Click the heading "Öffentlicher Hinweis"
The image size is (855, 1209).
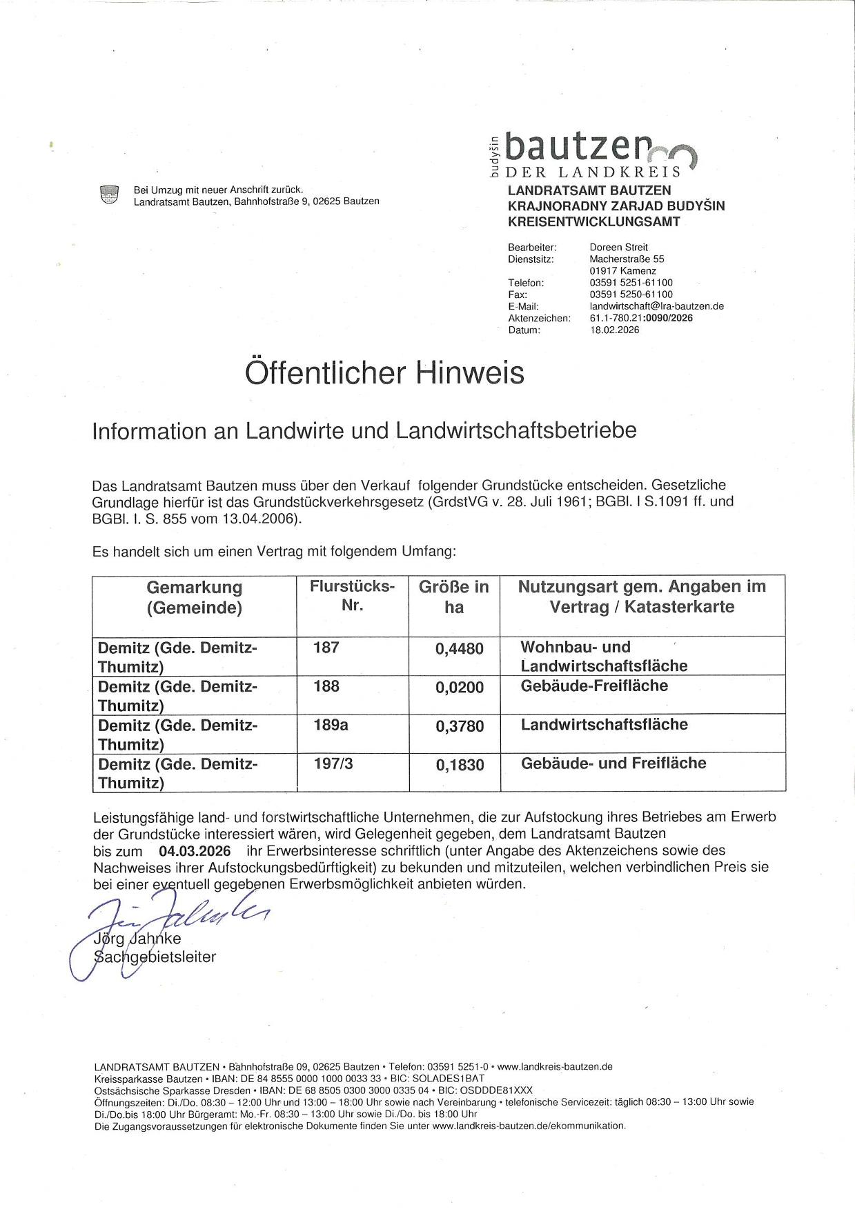click(x=384, y=373)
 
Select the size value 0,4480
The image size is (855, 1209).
click(x=459, y=649)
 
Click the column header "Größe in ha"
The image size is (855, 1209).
click(x=453, y=597)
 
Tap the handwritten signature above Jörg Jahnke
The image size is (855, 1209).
click(x=173, y=917)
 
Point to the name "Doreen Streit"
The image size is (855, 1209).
click(x=618, y=247)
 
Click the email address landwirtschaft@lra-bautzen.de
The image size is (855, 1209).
click(x=656, y=306)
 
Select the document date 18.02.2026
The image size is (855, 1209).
click(x=614, y=330)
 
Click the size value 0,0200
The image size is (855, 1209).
click(x=459, y=688)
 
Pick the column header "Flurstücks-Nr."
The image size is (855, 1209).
click(x=352, y=597)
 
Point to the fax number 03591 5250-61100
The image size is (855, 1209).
click(x=631, y=294)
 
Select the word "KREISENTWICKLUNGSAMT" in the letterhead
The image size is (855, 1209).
click(x=593, y=221)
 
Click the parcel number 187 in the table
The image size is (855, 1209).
click(x=326, y=648)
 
